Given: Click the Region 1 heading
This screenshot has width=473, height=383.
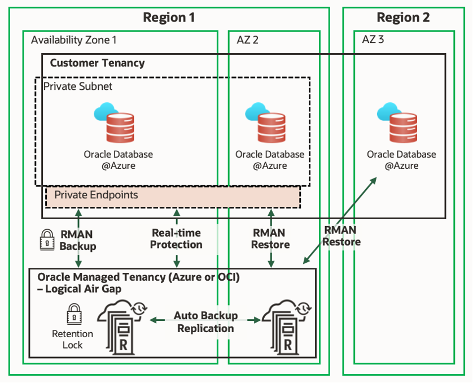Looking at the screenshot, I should pyautogui.click(x=169, y=18).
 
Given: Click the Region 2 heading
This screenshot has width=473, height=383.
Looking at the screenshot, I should pyautogui.click(x=403, y=18).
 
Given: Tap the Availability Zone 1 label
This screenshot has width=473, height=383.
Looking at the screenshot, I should pyautogui.click(x=73, y=40).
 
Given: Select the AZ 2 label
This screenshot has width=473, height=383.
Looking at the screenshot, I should pyautogui.click(x=246, y=40).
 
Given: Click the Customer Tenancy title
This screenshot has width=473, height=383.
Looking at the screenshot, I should pyautogui.click(x=97, y=63).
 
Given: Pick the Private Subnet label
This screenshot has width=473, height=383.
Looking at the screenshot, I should pyautogui.click(x=78, y=86).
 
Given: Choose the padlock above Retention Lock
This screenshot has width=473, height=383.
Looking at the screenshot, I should pyautogui.click(x=73, y=314).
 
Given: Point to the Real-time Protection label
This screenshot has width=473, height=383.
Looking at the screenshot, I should pyautogui.click(x=176, y=239).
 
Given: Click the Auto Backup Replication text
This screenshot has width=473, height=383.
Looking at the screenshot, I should pyautogui.click(x=205, y=322).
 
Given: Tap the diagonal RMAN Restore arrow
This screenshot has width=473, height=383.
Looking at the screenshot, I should pyautogui.click(x=339, y=220).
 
